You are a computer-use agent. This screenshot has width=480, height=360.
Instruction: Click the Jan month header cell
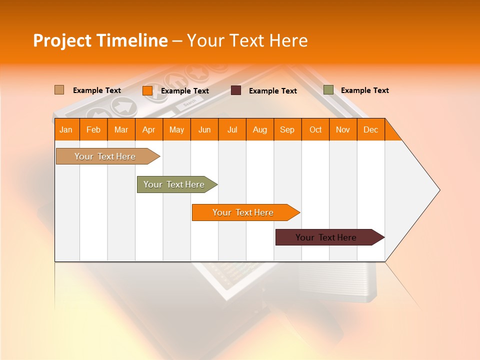(66, 129)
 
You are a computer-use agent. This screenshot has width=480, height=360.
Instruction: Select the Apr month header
(149, 129)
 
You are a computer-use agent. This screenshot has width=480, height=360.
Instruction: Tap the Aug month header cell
(259, 129)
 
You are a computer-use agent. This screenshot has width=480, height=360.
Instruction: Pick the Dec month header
(370, 129)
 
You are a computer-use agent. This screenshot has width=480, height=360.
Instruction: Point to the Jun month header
(204, 129)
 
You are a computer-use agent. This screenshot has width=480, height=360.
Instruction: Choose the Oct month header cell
(315, 129)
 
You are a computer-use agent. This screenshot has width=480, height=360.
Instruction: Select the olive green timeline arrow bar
(175, 184)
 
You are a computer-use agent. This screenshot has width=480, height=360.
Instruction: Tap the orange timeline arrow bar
(244, 212)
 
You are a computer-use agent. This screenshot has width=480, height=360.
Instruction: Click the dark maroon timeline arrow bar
(327, 237)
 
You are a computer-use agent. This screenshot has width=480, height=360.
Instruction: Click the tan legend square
(59, 90)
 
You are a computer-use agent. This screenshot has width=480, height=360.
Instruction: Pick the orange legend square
(147, 90)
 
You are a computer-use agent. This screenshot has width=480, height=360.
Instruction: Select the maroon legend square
(236, 90)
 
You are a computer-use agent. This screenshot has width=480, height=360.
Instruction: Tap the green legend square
(328, 90)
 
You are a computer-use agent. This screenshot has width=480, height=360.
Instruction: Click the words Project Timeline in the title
(100, 40)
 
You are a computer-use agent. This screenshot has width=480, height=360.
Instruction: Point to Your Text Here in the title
(247, 40)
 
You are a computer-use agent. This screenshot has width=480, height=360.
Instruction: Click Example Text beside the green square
(364, 90)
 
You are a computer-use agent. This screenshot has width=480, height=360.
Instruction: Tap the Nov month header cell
(342, 129)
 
